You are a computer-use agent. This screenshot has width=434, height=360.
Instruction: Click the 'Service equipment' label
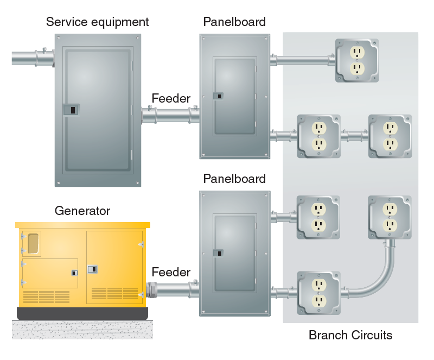pos(97,22)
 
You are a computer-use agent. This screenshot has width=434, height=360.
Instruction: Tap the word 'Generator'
pos(82,211)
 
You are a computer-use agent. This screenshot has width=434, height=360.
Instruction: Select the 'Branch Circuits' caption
pos(350,335)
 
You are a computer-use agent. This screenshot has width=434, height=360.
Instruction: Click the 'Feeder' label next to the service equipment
pos(171,98)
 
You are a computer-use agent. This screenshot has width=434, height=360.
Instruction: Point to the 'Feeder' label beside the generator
pos(171,272)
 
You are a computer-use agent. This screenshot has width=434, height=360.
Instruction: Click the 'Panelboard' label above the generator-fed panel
pos(234,179)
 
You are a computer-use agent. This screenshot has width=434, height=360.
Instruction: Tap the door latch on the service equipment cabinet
pos(71,110)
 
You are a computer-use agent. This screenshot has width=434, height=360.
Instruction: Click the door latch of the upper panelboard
pos(218,96)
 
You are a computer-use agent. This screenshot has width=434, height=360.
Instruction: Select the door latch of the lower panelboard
pos(218,252)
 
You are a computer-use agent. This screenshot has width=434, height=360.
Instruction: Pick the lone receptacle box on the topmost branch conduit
pos(356,60)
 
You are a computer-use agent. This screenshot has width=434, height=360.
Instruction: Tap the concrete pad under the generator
pos(81,329)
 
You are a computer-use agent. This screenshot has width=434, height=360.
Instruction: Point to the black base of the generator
pos(81,313)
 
